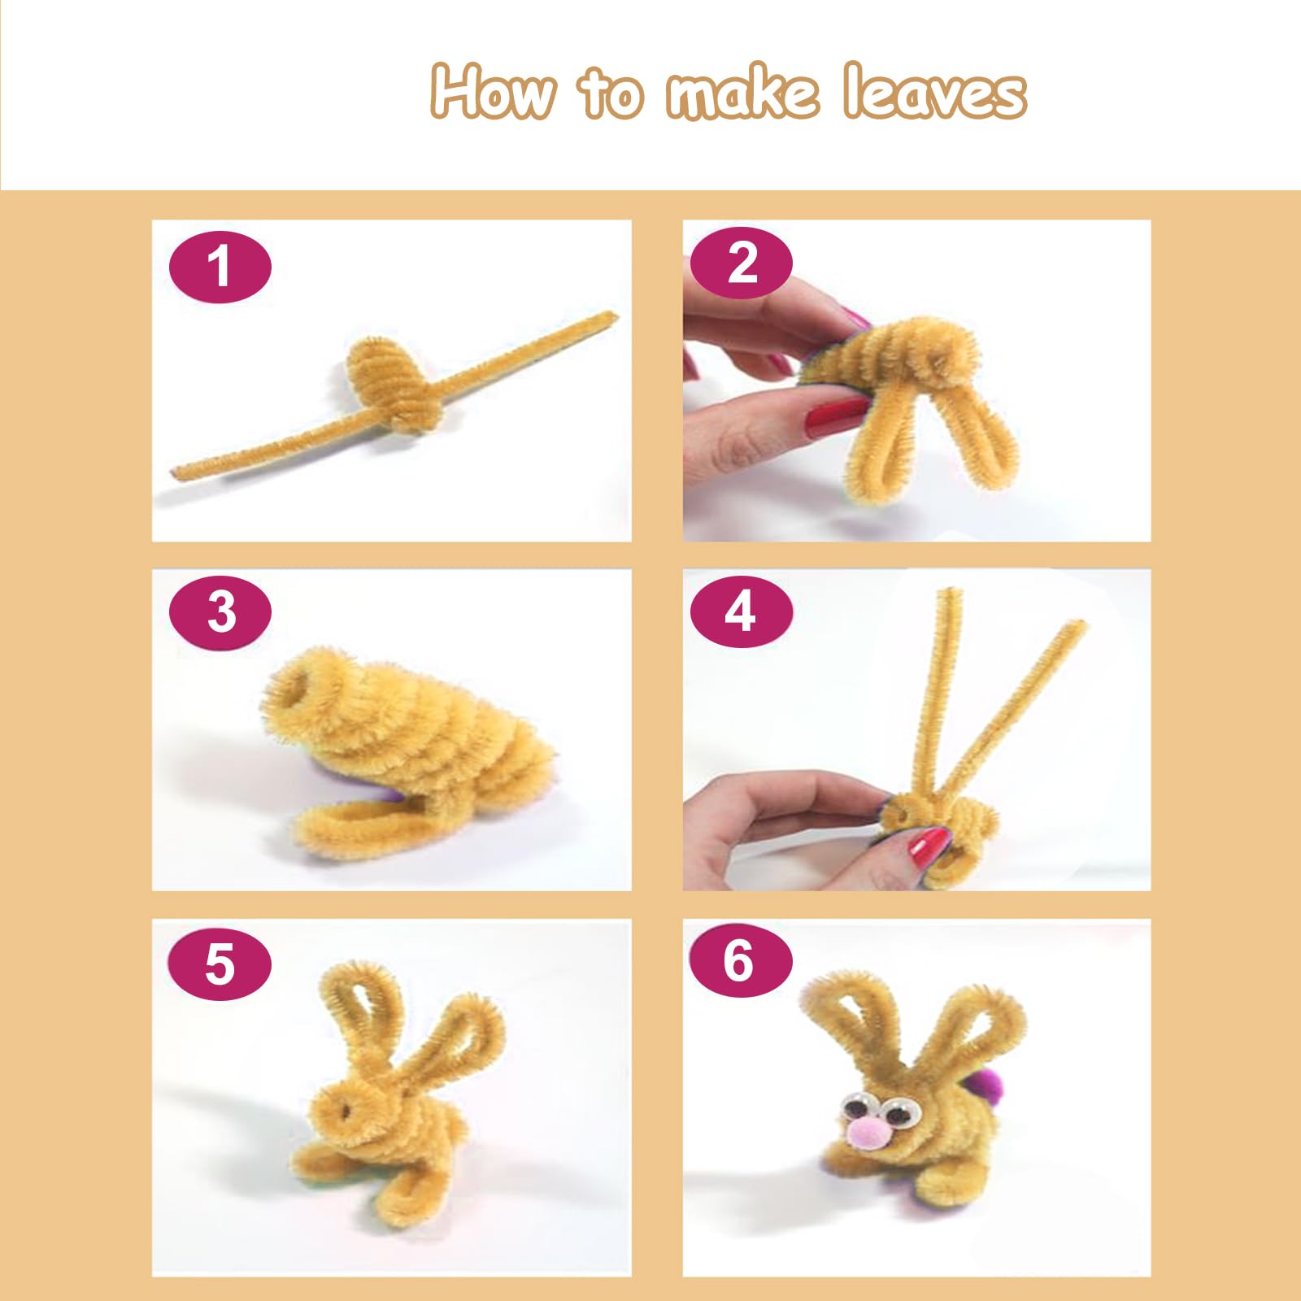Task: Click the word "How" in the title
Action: pyautogui.click(x=494, y=92)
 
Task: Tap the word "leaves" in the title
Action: pyautogui.click(x=934, y=90)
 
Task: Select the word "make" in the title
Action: pyautogui.click(x=742, y=92)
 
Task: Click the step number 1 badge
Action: pyautogui.click(x=220, y=267)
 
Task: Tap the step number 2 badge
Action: pyautogui.click(x=741, y=263)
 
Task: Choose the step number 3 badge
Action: pyautogui.click(x=220, y=612)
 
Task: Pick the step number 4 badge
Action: pyautogui.click(x=741, y=612)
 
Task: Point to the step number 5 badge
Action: pyautogui.click(x=220, y=964)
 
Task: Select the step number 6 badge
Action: pyautogui.click(x=741, y=960)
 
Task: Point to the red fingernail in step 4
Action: pyautogui.click(x=929, y=847)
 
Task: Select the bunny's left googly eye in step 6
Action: pyautogui.click(x=856, y=1107)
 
